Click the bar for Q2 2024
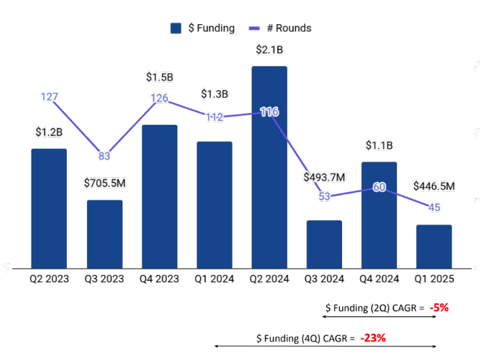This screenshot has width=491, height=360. (269, 168)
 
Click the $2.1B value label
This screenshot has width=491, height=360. (269, 50)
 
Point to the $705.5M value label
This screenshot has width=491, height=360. (104, 183)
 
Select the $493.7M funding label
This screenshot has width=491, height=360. (324, 177)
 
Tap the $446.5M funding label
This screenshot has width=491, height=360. (434, 187)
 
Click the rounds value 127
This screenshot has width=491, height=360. (49, 97)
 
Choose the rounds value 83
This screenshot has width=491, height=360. (104, 156)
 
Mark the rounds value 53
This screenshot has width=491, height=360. (324, 197)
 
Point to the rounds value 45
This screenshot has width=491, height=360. (433, 207)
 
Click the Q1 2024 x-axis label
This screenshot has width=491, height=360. (215, 279)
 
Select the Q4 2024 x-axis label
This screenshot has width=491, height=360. (379, 279)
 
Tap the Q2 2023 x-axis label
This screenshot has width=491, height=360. (49, 279)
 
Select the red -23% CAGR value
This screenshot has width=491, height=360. (373, 338)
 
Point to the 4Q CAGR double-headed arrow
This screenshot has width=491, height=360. (324, 347)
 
